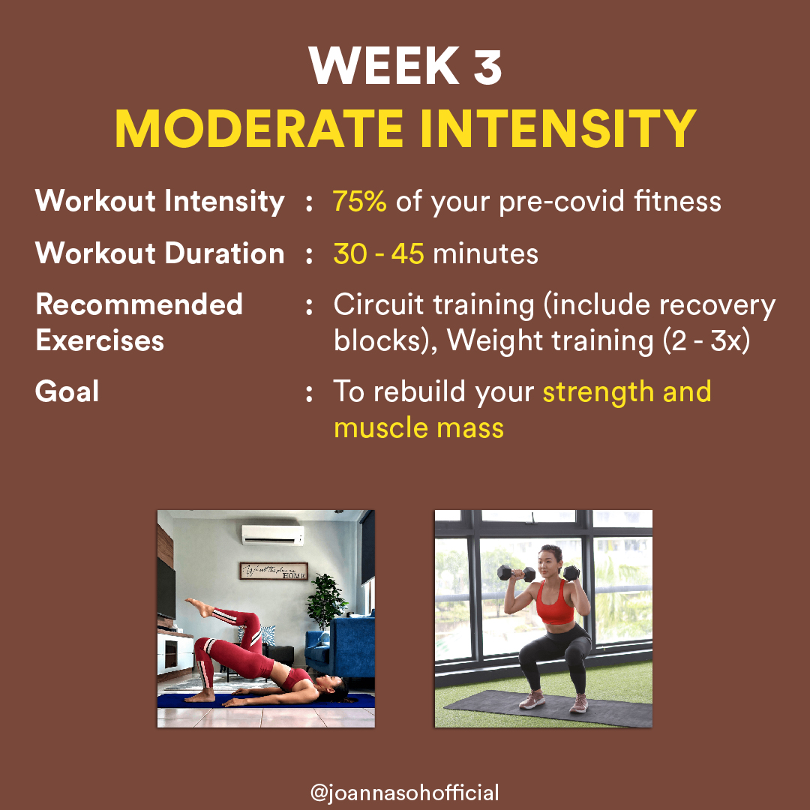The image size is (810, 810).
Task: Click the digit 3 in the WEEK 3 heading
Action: click(x=487, y=65)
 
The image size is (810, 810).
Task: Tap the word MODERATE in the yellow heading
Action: click(x=259, y=128)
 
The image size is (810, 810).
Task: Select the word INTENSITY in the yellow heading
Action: click(x=558, y=128)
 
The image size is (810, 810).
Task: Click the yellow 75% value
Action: click(x=359, y=201)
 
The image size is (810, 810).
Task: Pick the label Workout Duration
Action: click(x=160, y=253)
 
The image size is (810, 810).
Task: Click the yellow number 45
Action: click(x=407, y=253)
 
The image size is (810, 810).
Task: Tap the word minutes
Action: click(x=485, y=253)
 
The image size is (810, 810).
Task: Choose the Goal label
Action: click(x=67, y=391)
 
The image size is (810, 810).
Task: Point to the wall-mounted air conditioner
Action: click(x=273, y=535)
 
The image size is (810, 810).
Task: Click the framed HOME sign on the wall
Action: click(x=274, y=571)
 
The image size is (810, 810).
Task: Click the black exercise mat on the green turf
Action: click(x=547, y=708)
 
